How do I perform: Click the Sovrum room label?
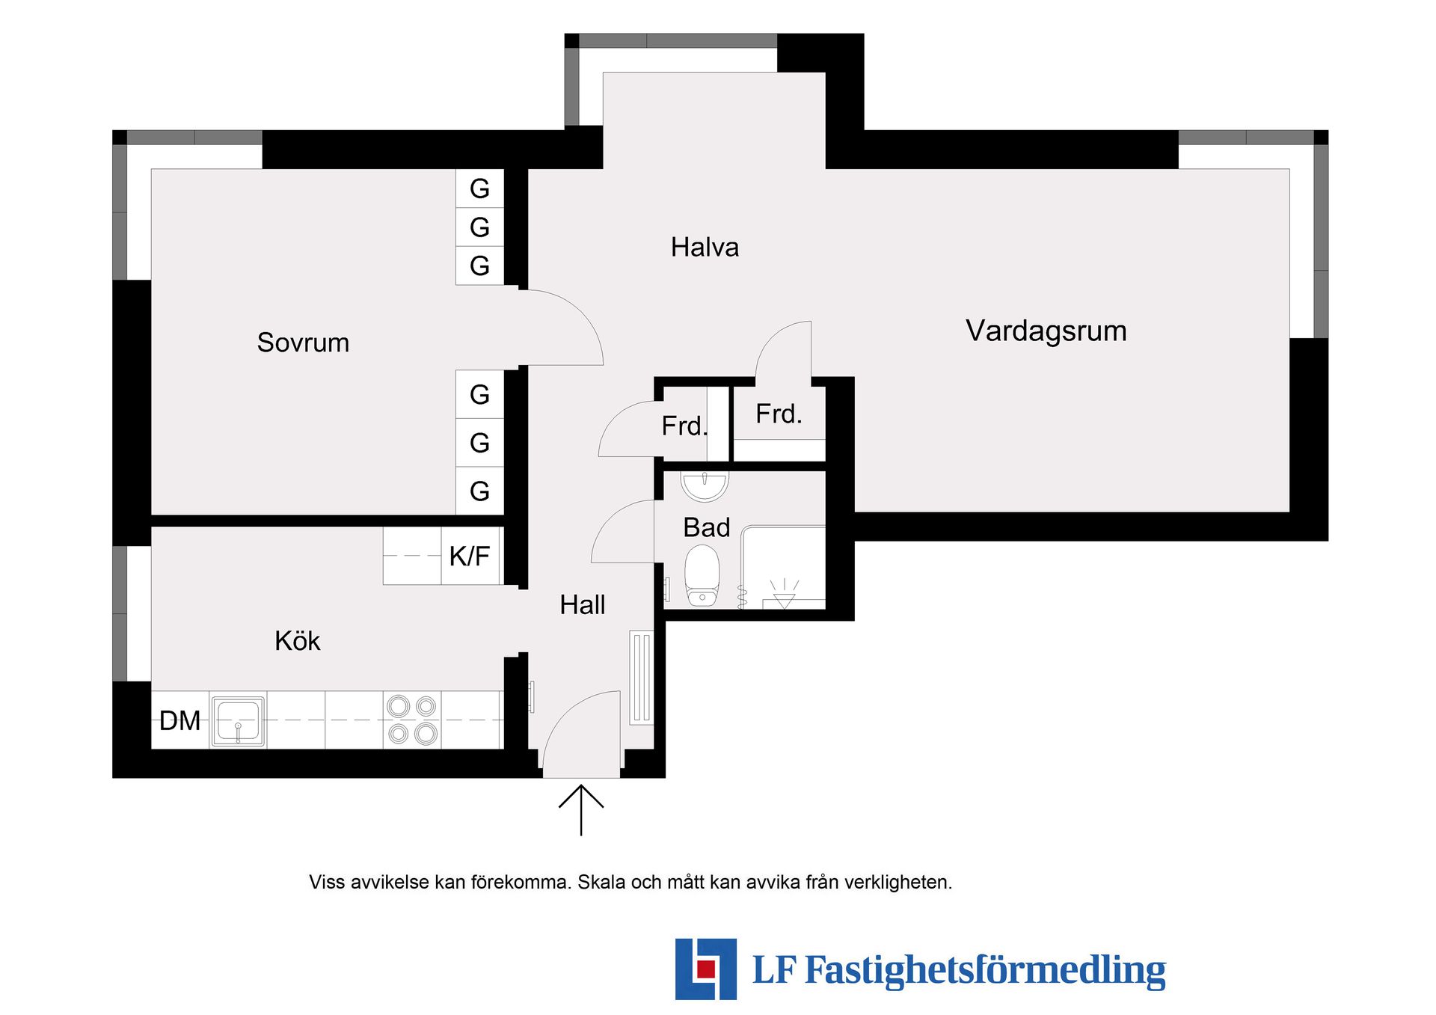pos(303,343)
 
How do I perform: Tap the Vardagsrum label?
pos(1046,331)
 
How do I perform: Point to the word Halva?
pos(705,248)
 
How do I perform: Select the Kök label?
pos(298,641)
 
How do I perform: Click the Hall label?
pos(583,604)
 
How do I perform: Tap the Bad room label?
pos(706,527)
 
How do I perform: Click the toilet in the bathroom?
pos(702,575)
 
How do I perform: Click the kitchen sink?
pos(239,722)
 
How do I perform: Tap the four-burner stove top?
pos(412,720)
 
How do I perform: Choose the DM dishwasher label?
pos(179,721)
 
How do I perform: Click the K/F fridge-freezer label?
pos(470,556)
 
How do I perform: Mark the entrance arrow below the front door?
pos(581,810)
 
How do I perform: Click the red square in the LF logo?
pos(705,969)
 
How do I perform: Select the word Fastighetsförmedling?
pos(985,971)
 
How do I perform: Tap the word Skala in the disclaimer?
pos(602,883)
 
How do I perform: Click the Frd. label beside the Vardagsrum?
pos(779,414)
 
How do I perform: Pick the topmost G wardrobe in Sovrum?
pos(479,188)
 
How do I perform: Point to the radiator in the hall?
pos(642,678)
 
